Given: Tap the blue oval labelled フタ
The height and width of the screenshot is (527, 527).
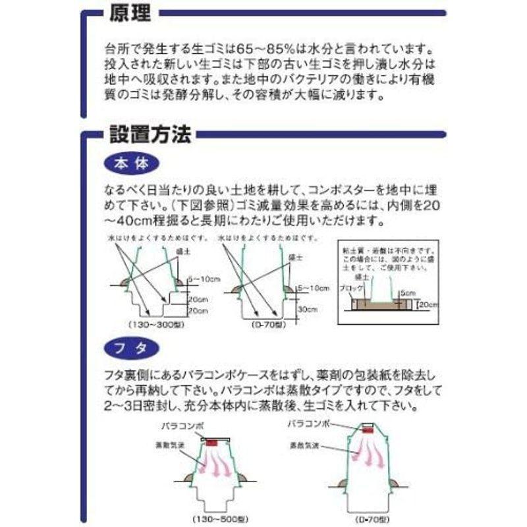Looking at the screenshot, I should (x=132, y=347).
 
